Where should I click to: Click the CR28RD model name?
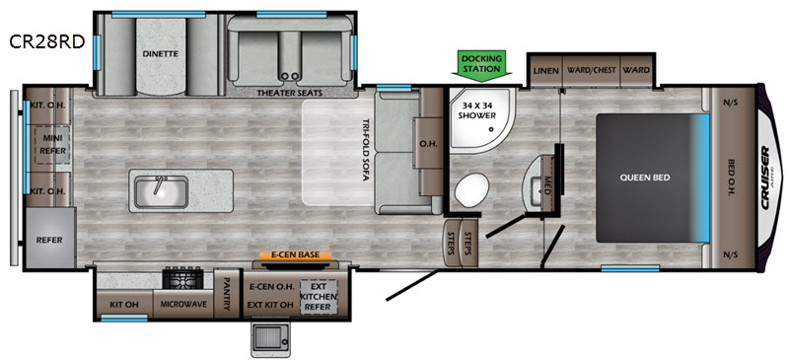point(46,42)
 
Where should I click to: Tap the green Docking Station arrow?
point(481,65)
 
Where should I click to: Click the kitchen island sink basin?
point(161,191)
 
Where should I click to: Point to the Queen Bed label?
point(645,178)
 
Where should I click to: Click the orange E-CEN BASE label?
point(295,255)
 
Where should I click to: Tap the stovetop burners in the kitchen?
point(182,278)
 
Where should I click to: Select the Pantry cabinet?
point(226,294)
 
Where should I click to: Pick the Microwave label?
point(182,304)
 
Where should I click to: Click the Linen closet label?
point(546,70)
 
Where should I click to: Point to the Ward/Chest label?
point(591,70)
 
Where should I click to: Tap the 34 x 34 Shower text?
point(478,110)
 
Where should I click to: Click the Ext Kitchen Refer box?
point(319,297)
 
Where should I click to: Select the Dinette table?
point(161,55)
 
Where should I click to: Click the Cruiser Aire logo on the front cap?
point(766,178)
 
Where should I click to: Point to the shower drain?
point(492,129)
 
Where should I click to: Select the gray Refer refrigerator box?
point(50,239)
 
